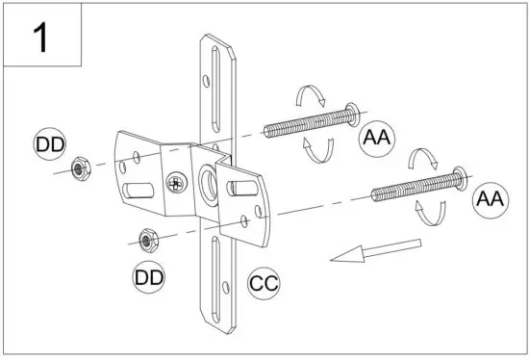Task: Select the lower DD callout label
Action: click(148, 278)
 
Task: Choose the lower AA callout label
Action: click(490, 199)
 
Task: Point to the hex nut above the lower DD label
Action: click(147, 238)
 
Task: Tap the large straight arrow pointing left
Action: click(375, 250)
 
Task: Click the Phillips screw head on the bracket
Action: click(175, 181)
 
